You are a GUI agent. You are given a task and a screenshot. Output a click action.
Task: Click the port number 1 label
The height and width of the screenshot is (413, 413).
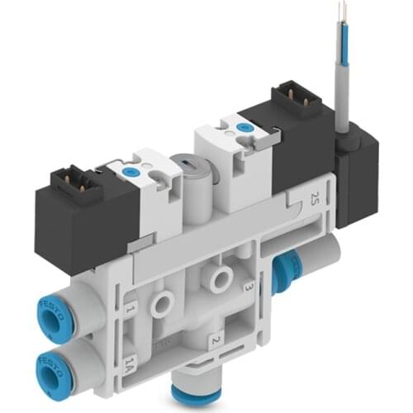pos(129,311)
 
